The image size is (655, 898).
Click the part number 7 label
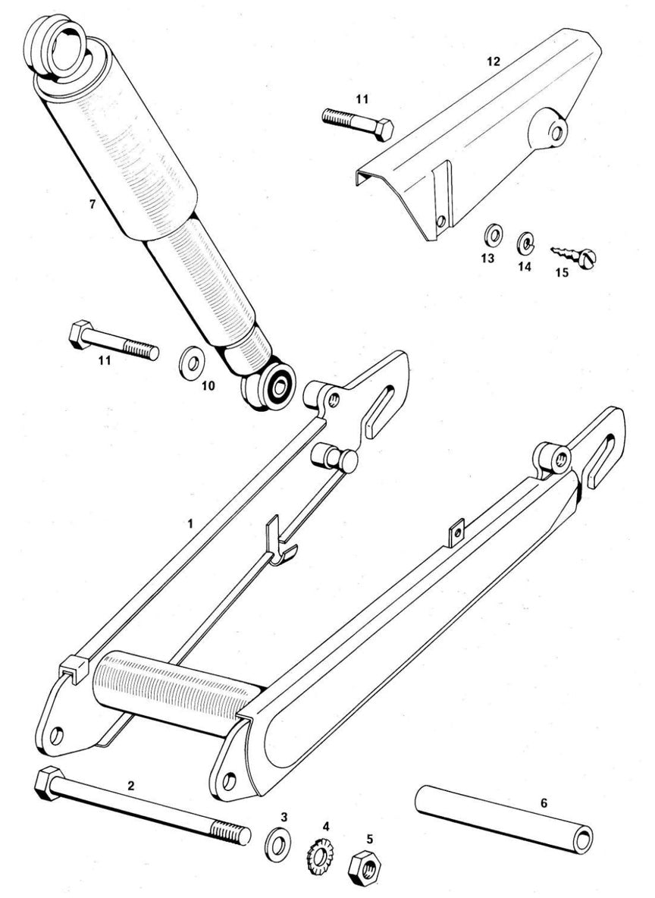(92, 204)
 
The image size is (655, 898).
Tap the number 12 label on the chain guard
(493, 61)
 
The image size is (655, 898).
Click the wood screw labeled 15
(573, 257)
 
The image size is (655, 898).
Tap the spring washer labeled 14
(525, 243)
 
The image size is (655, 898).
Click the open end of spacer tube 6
(583, 839)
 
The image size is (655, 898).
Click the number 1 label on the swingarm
(191, 523)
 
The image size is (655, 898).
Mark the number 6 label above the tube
(544, 803)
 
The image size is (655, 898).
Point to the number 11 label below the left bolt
(105, 360)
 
